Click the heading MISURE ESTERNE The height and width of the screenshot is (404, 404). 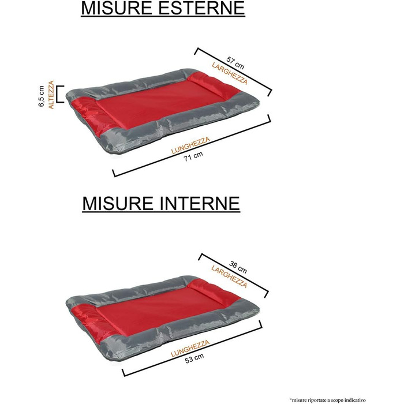pos(163,8)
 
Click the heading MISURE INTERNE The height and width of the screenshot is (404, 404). pos(161,204)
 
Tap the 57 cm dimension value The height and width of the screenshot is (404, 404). pos(235,63)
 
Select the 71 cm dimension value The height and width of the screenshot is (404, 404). pos(193,156)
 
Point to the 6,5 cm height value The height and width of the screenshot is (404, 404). pos(41,96)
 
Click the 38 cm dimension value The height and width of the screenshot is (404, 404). pos(238,267)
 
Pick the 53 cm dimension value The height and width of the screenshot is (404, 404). pos(194,358)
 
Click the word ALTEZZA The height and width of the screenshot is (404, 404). pos(51,95)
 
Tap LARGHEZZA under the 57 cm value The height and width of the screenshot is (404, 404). pos(230,73)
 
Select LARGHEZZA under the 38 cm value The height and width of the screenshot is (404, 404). pos(229,276)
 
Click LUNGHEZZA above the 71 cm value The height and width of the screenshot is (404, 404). pos(190,145)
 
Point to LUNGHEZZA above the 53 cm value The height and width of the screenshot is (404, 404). pos(190,349)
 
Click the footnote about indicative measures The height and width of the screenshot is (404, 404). pos(328,400)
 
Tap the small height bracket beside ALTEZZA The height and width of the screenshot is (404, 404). pos(60,94)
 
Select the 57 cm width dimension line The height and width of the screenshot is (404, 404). pos(233,72)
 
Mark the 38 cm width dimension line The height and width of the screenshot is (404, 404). pos(234,276)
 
